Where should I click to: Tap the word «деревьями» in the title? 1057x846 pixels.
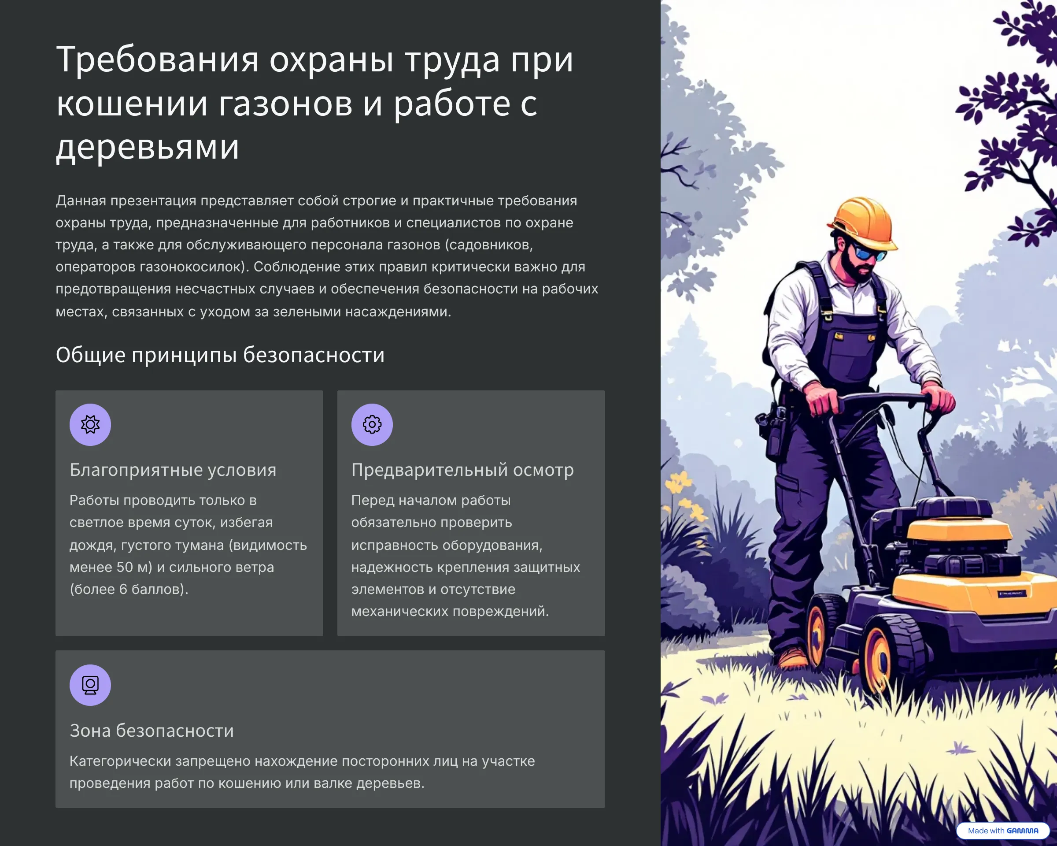[148, 147]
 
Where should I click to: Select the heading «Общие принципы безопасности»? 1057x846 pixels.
[220, 355]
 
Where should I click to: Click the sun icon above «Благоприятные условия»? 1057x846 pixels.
[90, 424]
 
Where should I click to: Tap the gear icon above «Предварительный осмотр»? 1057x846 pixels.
[372, 424]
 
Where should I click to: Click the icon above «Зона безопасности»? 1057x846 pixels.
[90, 685]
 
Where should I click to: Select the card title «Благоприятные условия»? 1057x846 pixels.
[173, 470]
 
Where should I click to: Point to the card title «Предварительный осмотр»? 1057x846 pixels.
[462, 470]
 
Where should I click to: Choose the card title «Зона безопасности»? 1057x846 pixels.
[152, 731]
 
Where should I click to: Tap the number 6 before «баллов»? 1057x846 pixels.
[123, 590]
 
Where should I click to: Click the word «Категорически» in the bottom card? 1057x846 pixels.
[120, 761]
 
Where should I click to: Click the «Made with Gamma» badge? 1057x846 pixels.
[1002, 830]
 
